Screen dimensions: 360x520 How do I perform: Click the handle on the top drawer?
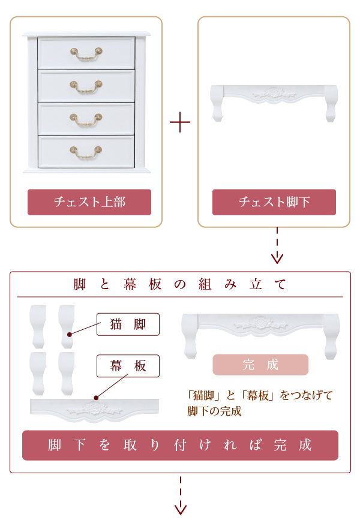86,55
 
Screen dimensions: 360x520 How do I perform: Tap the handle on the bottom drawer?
86,152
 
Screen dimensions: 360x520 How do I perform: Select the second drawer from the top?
86,86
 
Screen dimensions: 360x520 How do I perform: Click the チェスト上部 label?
89,202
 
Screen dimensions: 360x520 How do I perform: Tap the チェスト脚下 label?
274,202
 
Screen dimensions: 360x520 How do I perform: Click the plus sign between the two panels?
180,122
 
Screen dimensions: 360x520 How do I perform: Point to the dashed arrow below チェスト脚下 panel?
277,245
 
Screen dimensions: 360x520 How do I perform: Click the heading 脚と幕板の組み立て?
179,284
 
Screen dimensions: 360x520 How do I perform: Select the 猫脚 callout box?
128,324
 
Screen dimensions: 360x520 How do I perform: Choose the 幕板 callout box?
128,366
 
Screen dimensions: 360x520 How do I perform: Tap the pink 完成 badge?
260,365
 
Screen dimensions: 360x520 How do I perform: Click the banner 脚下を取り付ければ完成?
180,445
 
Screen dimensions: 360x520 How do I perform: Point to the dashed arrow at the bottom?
181,495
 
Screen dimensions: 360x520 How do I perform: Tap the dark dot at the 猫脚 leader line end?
70,335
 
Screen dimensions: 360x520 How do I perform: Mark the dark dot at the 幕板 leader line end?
96,398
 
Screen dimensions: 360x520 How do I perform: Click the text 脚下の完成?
214,411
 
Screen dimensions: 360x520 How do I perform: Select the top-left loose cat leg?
38,326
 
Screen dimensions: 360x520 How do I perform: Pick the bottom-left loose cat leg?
38,374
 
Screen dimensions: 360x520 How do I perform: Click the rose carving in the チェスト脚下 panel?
274,92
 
